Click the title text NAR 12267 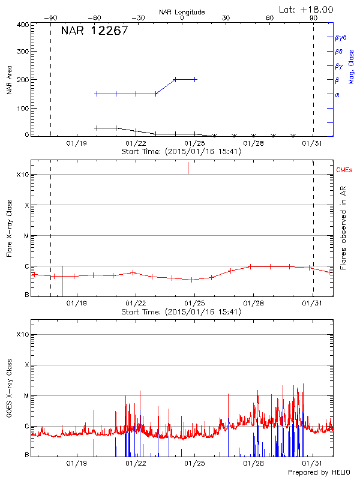coord(94,32)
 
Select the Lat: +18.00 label coord(307,9)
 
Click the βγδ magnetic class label coord(340,37)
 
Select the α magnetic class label coord(337,95)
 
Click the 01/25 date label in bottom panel coord(195,463)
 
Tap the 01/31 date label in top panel coord(313,143)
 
